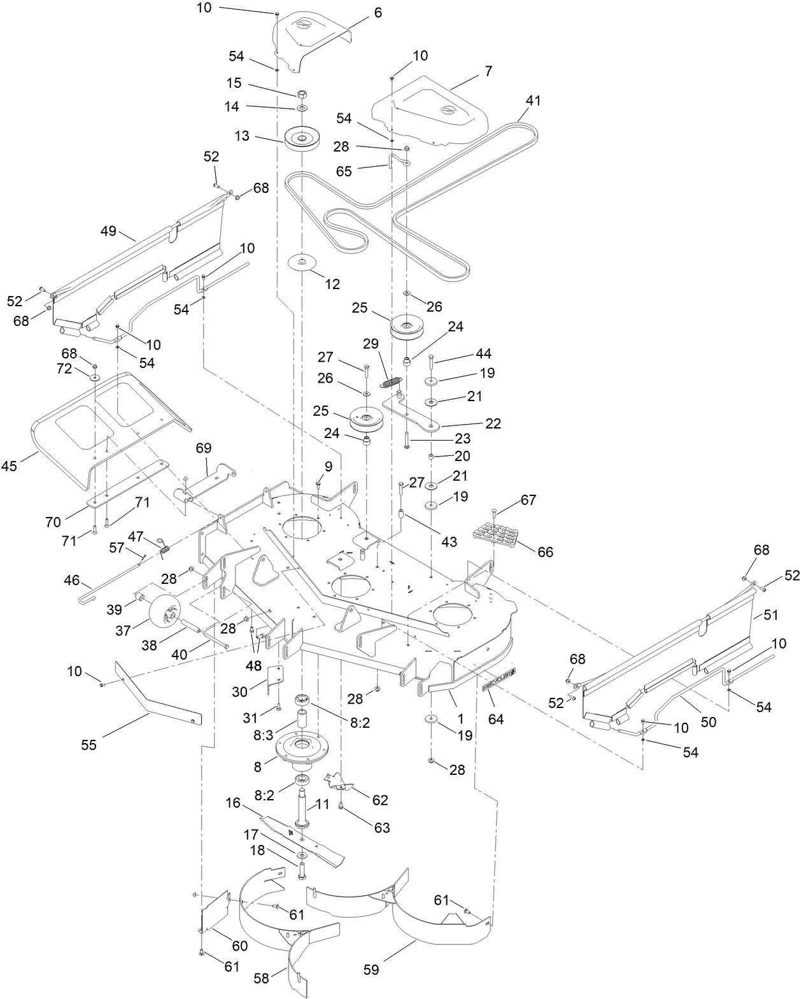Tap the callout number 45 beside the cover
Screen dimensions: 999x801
[10, 465]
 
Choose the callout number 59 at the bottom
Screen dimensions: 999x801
[371, 970]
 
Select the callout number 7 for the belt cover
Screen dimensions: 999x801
[488, 71]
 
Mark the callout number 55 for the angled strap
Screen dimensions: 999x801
[89, 744]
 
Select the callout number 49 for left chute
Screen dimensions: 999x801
[109, 231]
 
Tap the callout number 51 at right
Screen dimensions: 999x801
[771, 615]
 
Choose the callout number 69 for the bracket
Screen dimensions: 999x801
[203, 448]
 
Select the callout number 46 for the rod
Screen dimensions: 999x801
[71, 580]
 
